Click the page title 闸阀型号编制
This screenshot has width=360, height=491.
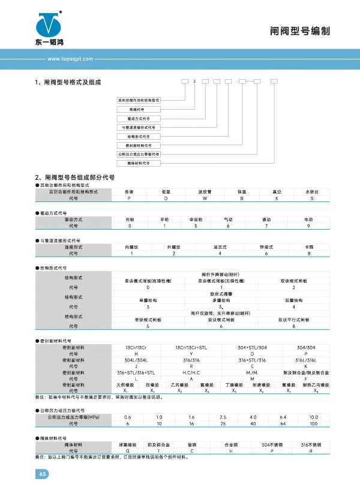(x=305, y=31)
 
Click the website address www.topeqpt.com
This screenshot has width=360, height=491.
(x=68, y=59)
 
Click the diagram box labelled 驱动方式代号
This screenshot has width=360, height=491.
(x=137, y=119)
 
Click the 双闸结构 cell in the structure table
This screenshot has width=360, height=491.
(x=293, y=300)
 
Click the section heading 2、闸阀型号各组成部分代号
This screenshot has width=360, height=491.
(x=76, y=178)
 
